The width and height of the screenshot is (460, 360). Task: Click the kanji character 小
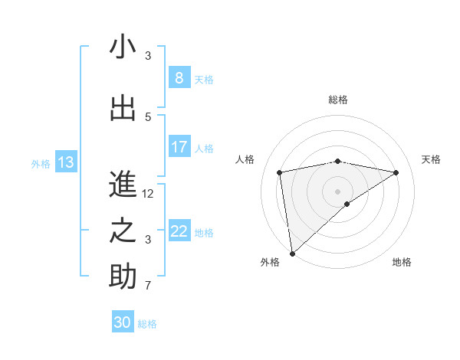[123, 47]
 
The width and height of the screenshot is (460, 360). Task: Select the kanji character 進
[123, 185]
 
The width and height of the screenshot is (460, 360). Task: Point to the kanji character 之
[123, 231]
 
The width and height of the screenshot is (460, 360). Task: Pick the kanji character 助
[123, 277]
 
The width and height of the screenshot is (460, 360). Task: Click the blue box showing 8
[179, 78]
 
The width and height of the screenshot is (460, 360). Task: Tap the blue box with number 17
[179, 147]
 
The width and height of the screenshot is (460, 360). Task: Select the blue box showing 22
[179, 231]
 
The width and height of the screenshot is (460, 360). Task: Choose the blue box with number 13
[65, 162]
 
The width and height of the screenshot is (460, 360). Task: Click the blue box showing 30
[123, 322]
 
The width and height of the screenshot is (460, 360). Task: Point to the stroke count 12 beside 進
[148, 194]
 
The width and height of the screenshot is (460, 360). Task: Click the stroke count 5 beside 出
[148, 116]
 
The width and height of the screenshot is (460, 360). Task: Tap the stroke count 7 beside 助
[148, 286]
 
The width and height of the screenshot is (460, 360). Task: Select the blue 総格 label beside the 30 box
[147, 324]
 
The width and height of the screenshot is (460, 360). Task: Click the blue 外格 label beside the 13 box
[40, 163]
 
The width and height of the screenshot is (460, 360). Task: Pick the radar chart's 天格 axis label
[432, 159]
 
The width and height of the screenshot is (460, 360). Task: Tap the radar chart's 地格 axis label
[402, 262]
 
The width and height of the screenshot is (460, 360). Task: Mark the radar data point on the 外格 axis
[291, 253]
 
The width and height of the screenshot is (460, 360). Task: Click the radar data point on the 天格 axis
[396, 172]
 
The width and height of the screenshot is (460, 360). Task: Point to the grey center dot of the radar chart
[337, 191]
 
